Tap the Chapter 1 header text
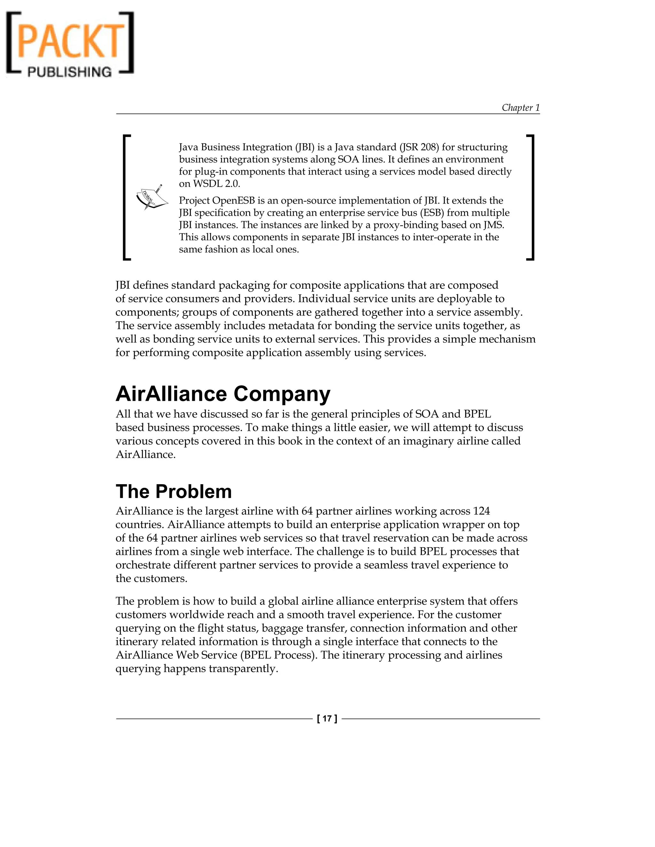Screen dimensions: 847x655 (x=520, y=107)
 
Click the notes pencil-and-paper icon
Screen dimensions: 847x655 (x=151, y=197)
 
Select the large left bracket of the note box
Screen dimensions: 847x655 (x=126, y=197)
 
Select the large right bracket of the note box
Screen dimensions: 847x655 (x=531, y=197)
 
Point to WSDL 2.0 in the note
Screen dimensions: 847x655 (x=217, y=184)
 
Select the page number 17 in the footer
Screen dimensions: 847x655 (x=327, y=719)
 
